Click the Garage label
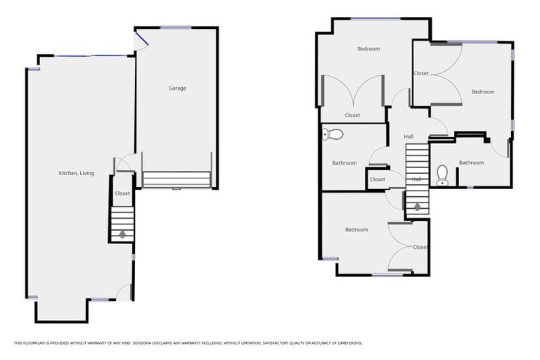(177, 89)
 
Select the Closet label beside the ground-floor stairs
(122, 193)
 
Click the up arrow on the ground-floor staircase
(122, 233)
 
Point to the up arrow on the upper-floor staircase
(417, 207)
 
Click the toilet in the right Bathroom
(442, 173)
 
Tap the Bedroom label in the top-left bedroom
(368, 49)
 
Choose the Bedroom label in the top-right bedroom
(483, 92)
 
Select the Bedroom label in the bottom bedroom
(356, 230)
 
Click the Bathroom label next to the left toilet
(345, 163)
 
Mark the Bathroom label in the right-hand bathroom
(471, 163)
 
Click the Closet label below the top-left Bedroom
(352, 115)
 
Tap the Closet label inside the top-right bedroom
(421, 74)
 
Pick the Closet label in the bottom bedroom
(420, 247)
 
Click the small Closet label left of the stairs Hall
(378, 179)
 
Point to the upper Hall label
(409, 136)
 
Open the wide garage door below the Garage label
(176, 180)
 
